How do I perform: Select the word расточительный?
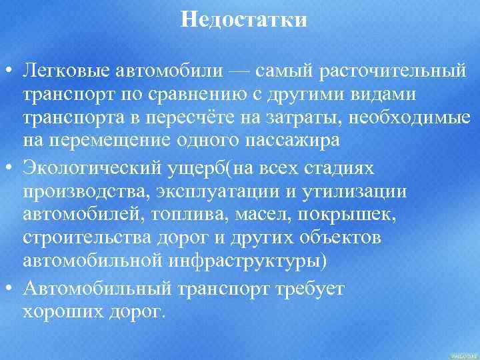coord(397,70)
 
